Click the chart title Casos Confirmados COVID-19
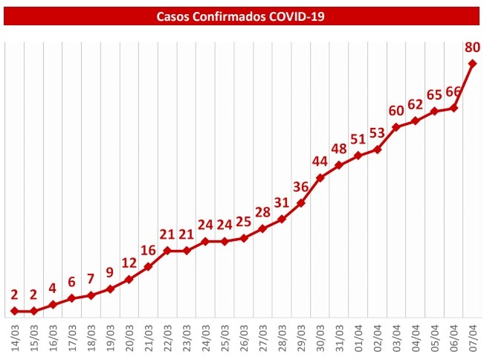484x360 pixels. click(242, 15)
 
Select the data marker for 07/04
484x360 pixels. click(473, 64)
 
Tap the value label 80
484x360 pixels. click(471, 47)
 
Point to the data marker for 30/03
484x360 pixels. click(320, 178)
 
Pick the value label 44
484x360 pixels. click(320, 161)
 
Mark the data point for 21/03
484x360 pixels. click(148, 267)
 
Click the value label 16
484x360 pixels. click(148, 250)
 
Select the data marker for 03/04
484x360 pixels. click(396, 127)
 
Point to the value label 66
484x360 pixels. click(454, 91)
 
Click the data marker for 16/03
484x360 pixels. click(53, 305)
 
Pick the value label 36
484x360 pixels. click(301, 187)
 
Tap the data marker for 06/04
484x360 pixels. click(454, 109)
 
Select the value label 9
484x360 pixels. click(110, 272)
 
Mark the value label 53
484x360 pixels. click(377, 133)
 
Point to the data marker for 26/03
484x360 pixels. click(244, 238)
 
